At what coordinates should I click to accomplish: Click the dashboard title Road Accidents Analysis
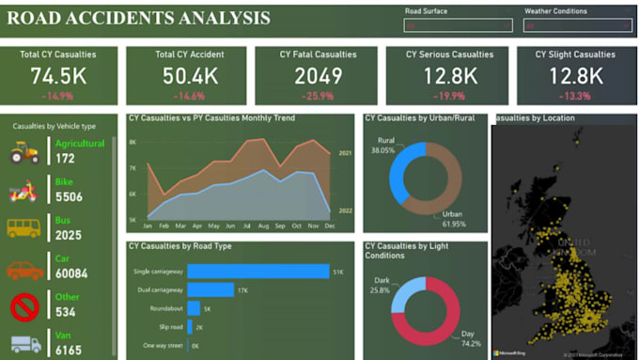(x=139, y=19)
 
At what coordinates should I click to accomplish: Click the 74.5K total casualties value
(x=58, y=76)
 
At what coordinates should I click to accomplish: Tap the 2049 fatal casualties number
(x=318, y=76)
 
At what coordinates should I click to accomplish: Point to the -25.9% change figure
(x=318, y=96)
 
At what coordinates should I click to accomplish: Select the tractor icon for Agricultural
(x=24, y=151)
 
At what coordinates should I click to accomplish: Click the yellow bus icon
(x=24, y=227)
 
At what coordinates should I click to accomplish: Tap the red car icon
(x=24, y=270)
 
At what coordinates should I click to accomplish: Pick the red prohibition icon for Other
(x=24, y=306)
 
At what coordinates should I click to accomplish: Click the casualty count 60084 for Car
(x=72, y=274)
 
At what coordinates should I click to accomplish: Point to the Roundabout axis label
(x=166, y=308)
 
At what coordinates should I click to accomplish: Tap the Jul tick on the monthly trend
(x=247, y=227)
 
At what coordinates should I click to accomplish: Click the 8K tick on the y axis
(x=133, y=142)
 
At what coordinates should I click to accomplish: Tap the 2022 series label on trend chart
(x=345, y=211)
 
